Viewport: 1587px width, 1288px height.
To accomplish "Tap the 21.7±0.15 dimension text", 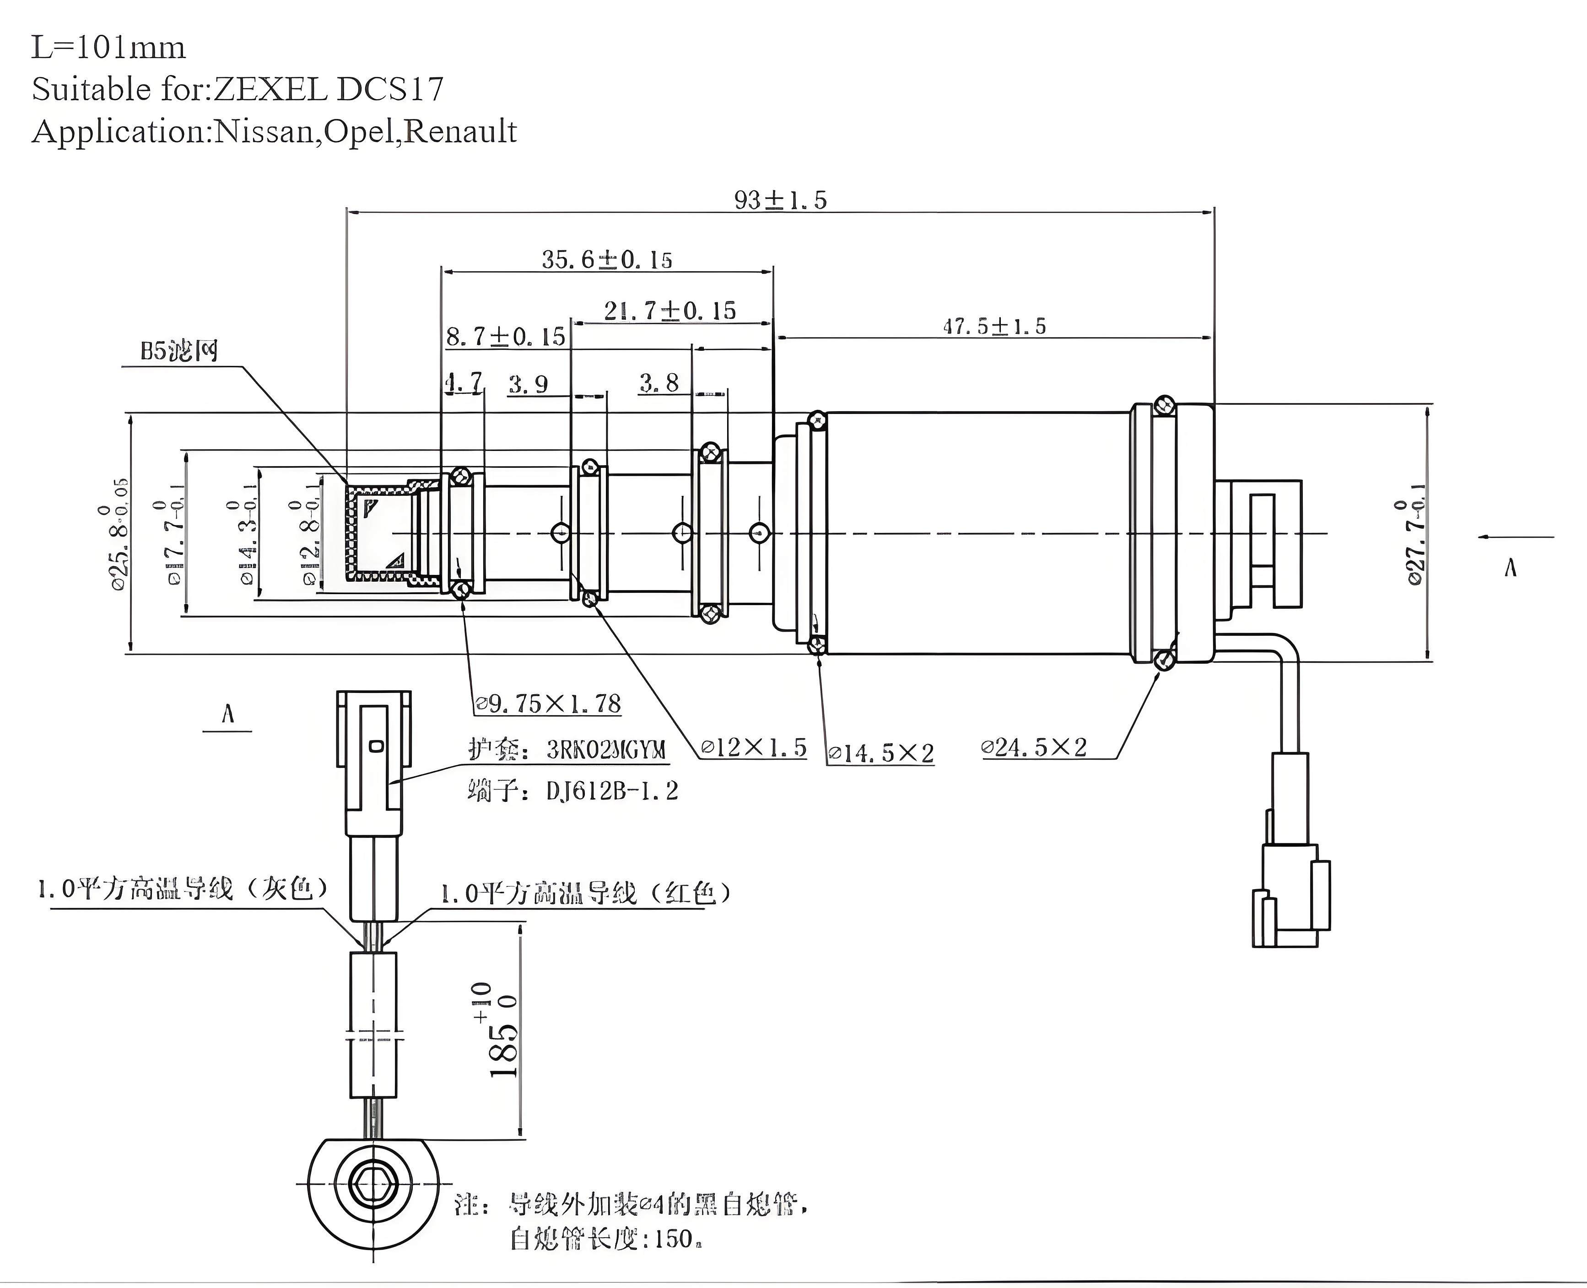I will coord(669,311).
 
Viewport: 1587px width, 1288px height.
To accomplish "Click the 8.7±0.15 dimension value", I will coord(506,337).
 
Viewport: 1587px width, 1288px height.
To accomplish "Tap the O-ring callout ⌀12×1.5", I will coord(753,747).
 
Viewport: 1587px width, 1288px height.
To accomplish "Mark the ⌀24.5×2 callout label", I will coord(1034,747).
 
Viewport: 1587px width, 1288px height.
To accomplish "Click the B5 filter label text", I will coord(180,351).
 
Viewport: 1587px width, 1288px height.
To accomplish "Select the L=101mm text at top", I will coord(108,48).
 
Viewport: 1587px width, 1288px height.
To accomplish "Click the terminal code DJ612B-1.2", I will coord(612,791).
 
